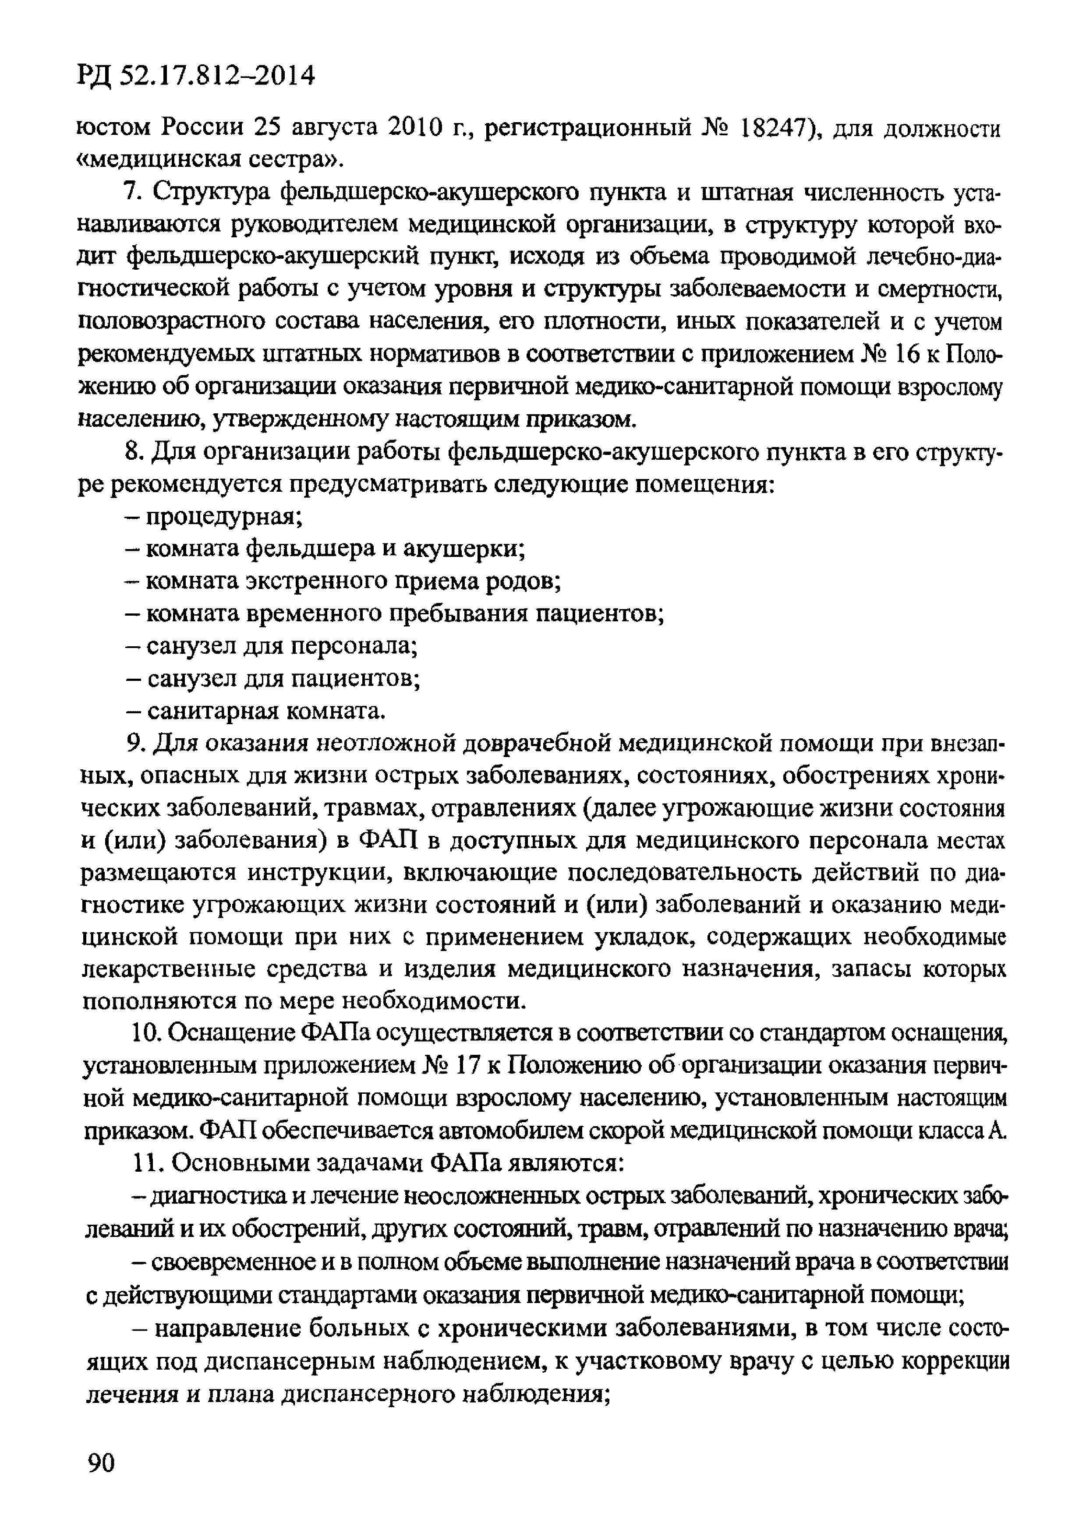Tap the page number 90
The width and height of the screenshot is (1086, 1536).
point(102,1462)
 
